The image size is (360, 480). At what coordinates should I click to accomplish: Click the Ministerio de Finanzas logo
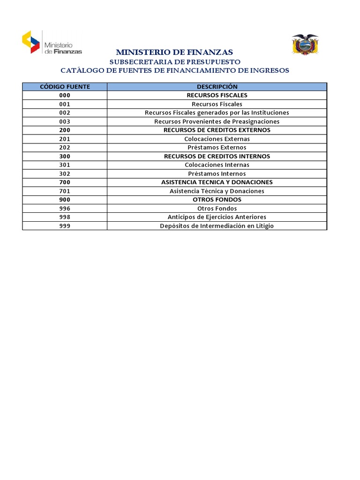52,42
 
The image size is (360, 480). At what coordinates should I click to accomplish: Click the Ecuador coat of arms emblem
305,45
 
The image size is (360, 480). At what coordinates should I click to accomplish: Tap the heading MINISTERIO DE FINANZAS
174,52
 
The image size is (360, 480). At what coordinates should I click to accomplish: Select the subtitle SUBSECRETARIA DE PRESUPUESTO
175,61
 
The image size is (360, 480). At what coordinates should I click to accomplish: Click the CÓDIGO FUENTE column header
65,87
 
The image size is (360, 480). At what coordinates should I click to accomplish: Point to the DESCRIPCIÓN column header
217,87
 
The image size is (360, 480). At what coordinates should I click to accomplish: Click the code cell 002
65,112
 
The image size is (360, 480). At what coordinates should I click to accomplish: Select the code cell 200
65,130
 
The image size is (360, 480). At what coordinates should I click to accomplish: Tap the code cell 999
65,226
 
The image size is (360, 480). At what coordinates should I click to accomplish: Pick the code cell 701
65,191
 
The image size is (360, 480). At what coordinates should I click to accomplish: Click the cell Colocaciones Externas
217,139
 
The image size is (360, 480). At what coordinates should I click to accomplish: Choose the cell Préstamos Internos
217,174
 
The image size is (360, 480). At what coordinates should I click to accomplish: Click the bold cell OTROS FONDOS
217,200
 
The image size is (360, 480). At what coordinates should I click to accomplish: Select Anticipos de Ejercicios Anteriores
217,217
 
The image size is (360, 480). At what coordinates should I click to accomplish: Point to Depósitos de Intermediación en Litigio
217,226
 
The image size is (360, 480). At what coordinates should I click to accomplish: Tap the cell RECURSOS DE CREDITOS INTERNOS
217,156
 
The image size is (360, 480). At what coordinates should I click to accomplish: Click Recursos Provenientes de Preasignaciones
217,121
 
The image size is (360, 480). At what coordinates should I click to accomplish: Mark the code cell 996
65,209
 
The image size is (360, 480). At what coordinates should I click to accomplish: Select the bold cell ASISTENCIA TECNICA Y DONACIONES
217,182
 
